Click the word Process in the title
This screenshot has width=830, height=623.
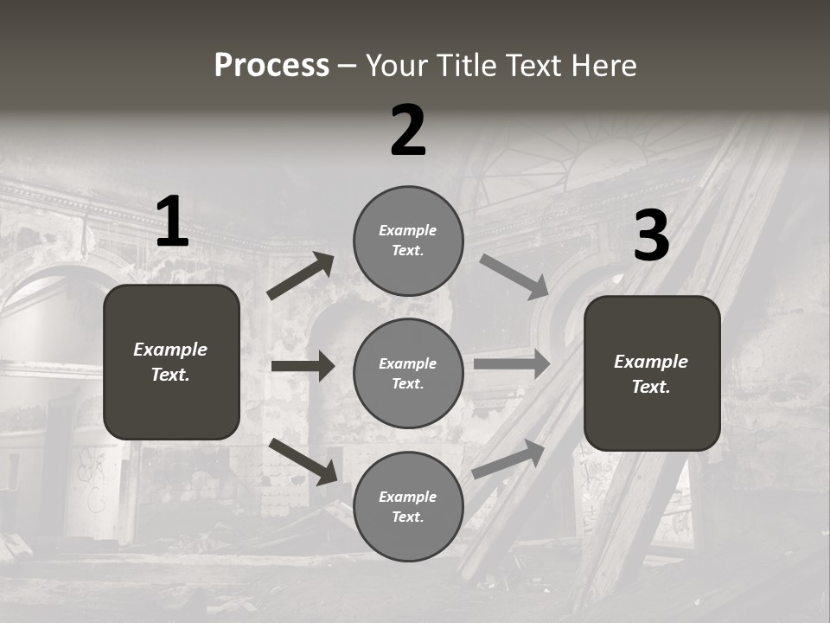point(271,65)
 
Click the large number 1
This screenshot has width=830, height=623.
point(172,222)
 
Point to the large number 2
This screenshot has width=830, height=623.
point(408,131)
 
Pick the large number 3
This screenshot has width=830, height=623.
point(651,235)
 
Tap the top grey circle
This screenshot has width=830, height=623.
point(408,241)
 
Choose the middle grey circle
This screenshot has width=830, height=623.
point(408,373)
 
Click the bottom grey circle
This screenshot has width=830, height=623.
point(408,506)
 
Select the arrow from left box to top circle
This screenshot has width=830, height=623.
point(301,276)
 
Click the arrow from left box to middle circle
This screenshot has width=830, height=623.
point(303,366)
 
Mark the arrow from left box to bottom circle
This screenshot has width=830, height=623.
point(303,460)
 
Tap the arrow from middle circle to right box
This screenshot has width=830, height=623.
point(512,363)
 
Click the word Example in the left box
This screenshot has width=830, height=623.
point(170,350)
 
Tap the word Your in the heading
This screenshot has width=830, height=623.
point(397,65)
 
